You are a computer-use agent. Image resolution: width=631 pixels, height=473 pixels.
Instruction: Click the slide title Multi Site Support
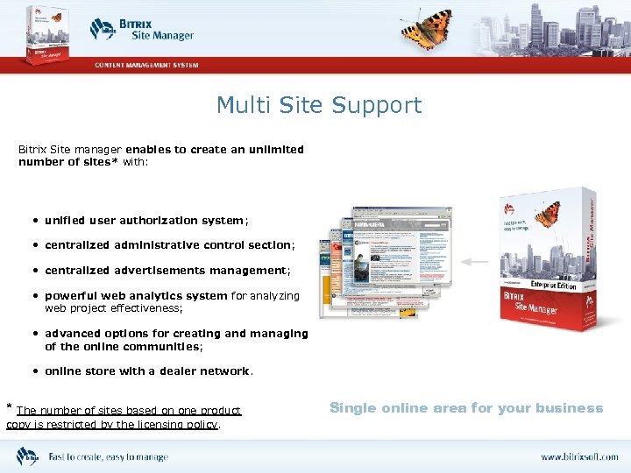pos(319,106)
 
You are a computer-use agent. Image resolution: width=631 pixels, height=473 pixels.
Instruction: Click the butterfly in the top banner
pos(427,29)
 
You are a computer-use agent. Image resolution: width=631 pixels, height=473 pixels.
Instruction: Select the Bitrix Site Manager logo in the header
pos(141,30)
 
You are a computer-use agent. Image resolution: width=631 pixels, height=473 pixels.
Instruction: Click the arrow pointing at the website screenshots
pos(478,261)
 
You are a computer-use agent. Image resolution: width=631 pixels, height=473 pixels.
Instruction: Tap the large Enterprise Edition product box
pos(548,259)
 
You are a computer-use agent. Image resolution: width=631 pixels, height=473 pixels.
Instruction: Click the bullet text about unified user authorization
pos(140,221)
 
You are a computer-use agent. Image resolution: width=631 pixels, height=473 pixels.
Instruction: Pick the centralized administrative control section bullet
pos(169,245)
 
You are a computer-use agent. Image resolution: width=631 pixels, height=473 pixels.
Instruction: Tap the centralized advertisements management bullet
pos(167,271)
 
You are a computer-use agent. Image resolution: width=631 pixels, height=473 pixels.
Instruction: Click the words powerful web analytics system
pos(136,296)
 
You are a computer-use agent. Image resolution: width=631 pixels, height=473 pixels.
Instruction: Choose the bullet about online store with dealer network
pos(149,371)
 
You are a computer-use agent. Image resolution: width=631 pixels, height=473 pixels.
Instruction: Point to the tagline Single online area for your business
pos(466,408)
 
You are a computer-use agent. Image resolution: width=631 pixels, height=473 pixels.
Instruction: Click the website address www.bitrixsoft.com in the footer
pos(578,457)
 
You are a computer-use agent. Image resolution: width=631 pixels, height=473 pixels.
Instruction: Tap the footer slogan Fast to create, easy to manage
pos(108,457)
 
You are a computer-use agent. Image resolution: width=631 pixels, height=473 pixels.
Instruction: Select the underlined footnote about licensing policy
pos(123,418)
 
